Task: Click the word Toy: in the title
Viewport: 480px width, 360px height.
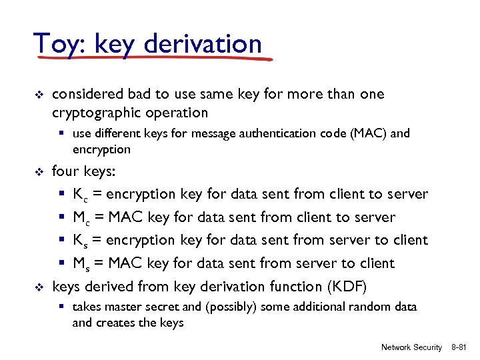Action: point(59,44)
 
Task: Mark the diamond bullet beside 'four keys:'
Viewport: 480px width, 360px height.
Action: point(39,172)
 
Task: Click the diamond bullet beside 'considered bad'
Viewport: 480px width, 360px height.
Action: point(39,95)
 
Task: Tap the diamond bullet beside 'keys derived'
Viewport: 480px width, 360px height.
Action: point(39,287)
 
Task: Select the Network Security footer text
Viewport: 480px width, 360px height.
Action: point(411,347)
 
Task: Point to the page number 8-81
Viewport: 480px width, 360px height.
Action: point(461,347)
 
